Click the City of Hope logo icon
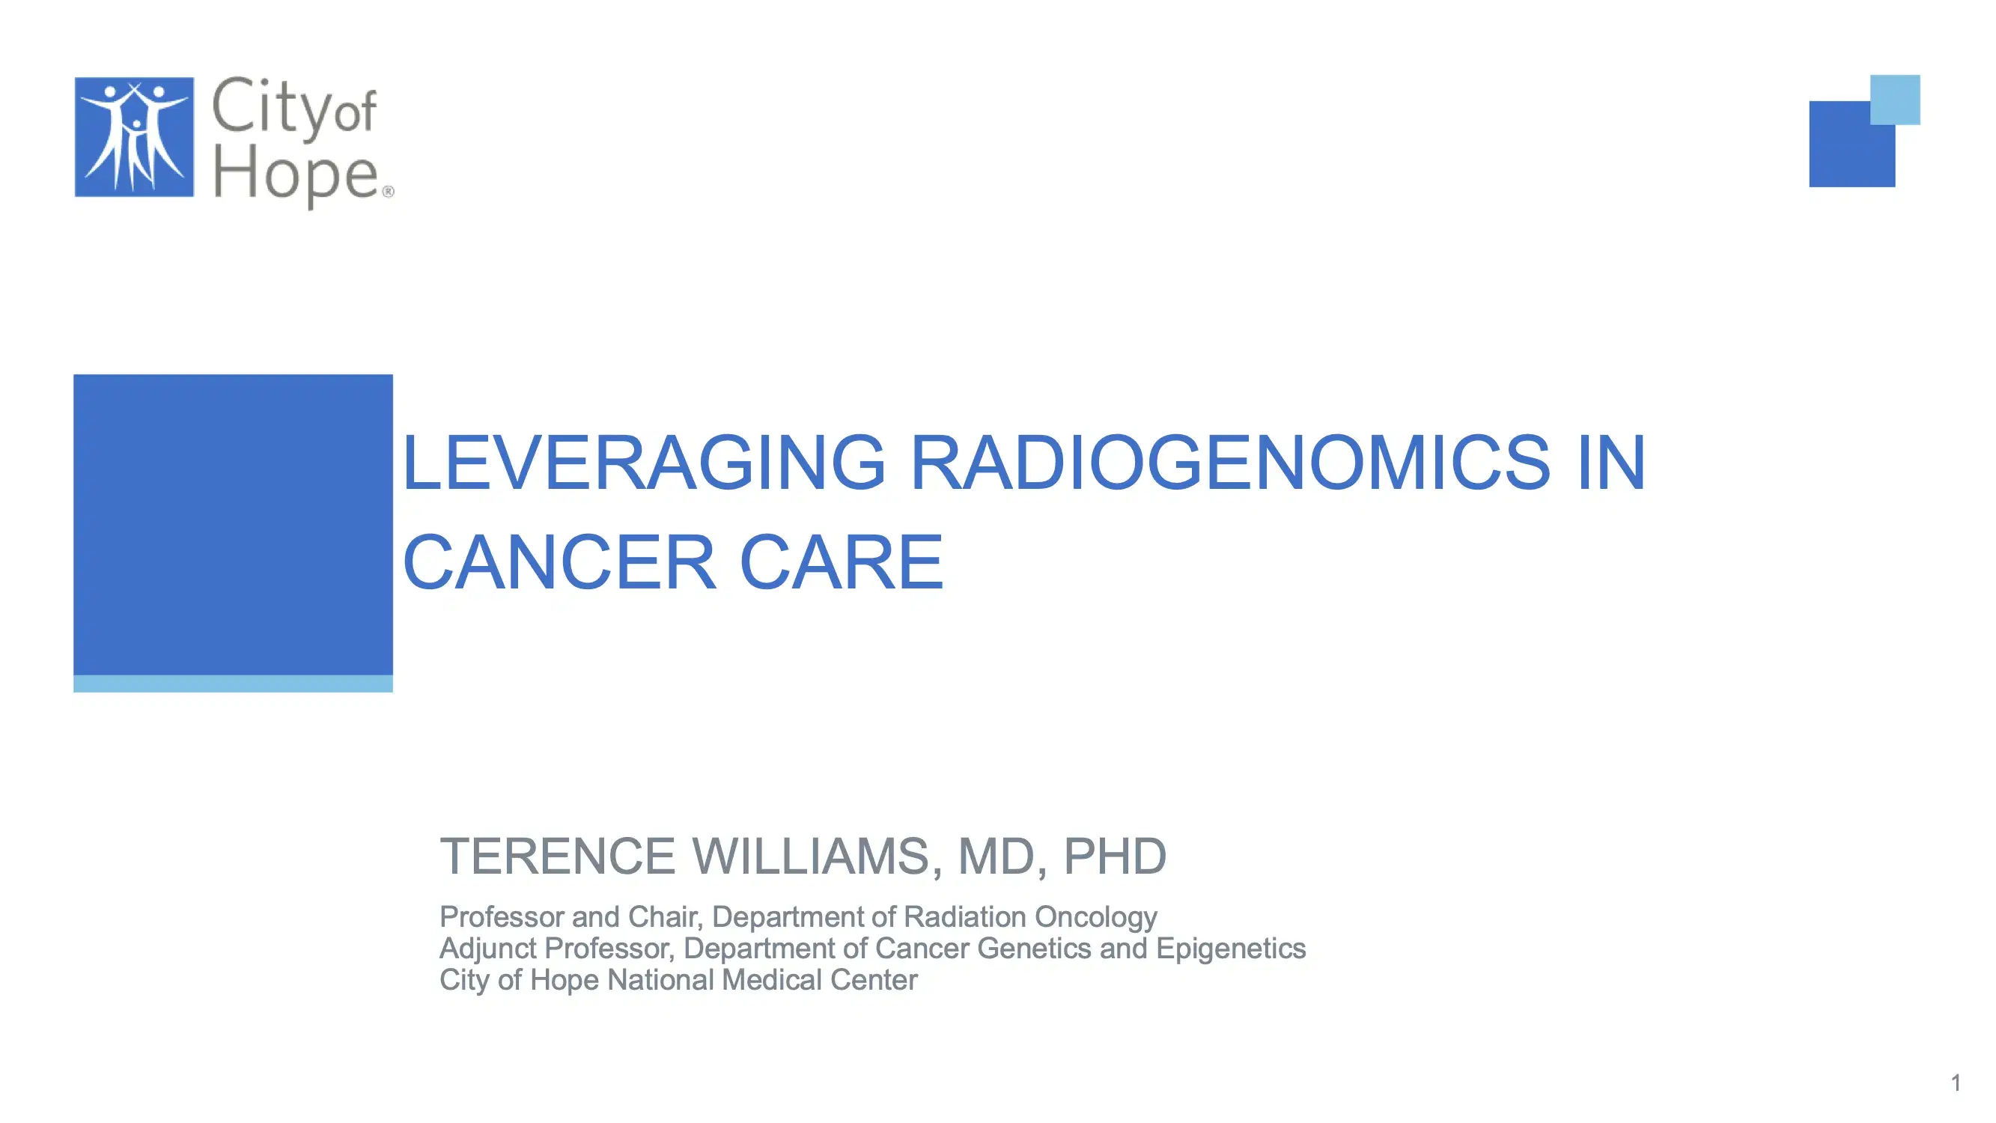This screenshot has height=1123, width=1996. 134,137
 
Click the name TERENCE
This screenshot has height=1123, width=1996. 557,856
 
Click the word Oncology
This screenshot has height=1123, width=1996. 1095,917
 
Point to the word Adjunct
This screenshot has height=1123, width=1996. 488,949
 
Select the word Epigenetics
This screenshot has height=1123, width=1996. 1230,949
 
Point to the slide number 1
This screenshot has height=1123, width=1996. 1956,1083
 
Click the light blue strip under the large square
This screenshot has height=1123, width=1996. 232,684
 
